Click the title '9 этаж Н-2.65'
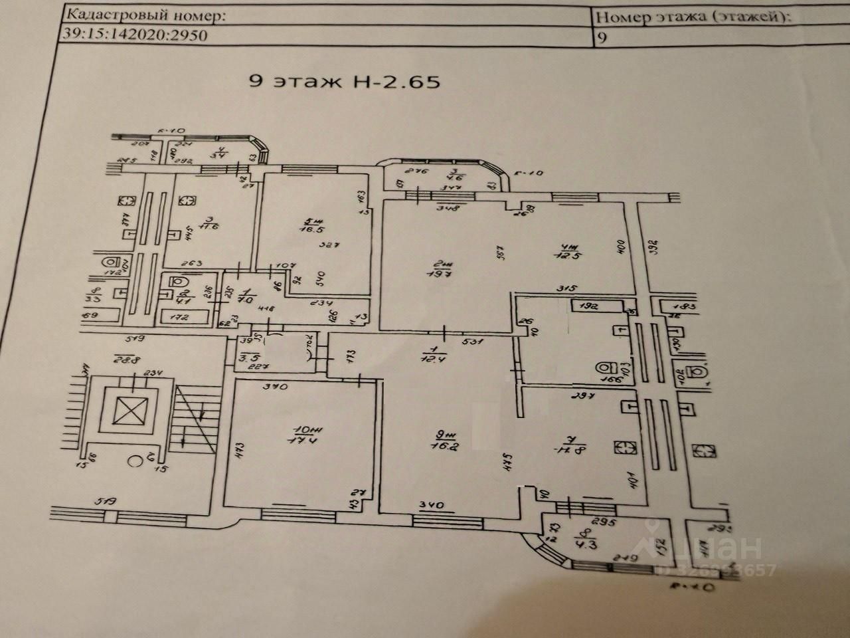(x=344, y=82)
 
